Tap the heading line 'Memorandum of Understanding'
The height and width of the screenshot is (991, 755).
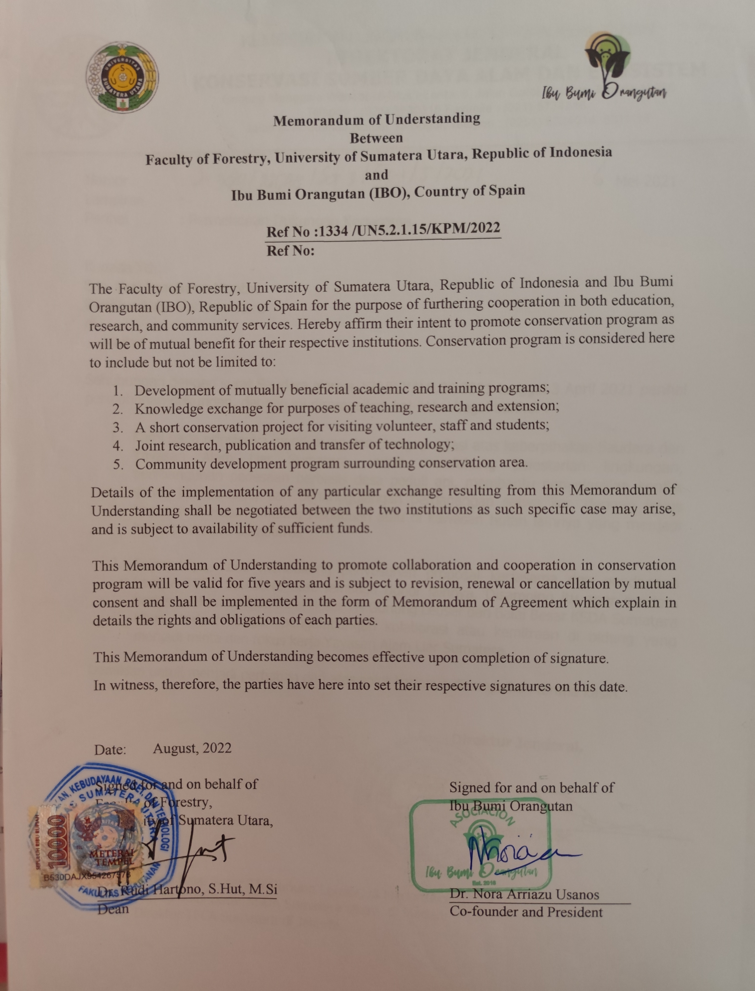(x=377, y=119)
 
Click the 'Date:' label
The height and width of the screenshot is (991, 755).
(x=110, y=750)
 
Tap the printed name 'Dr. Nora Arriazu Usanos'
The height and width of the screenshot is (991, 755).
(x=524, y=894)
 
